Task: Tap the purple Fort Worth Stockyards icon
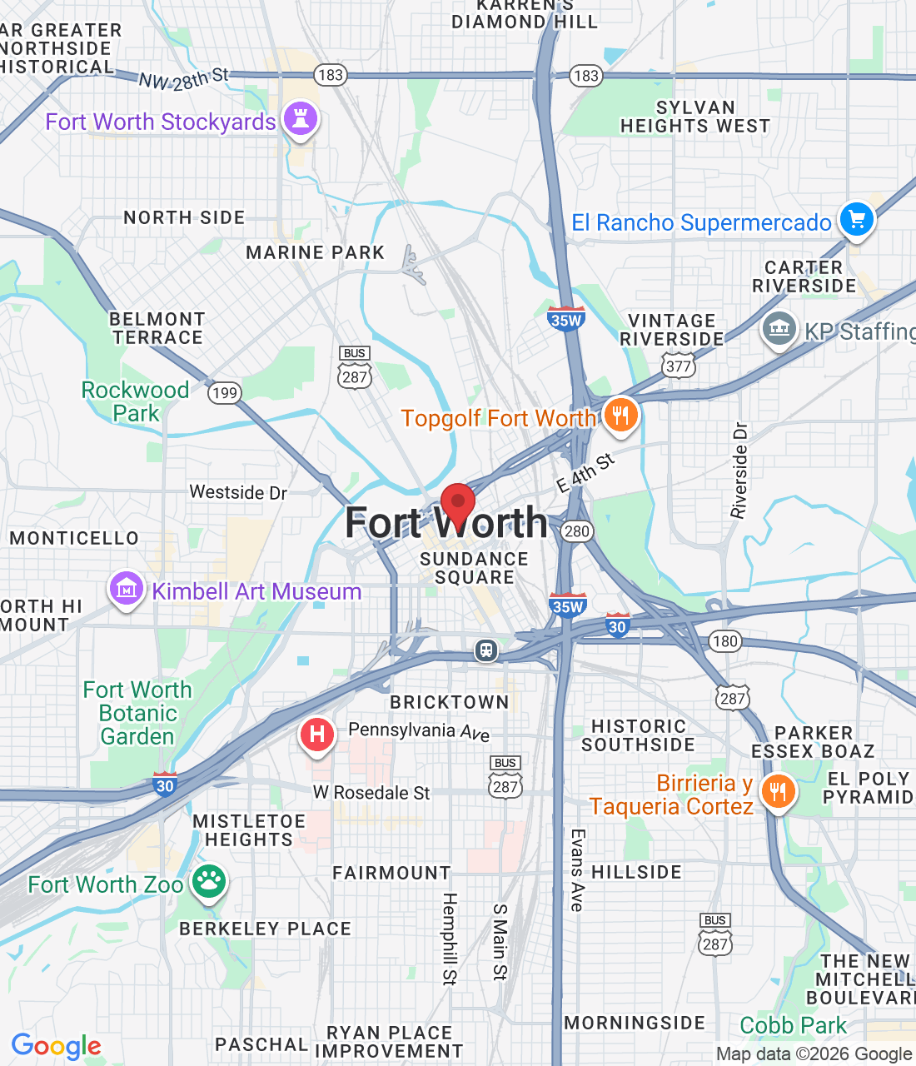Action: click(301, 119)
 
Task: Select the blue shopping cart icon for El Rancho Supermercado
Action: click(857, 220)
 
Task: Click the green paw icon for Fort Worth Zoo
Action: click(208, 881)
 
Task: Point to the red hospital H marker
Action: click(316, 735)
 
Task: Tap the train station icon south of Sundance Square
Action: click(486, 650)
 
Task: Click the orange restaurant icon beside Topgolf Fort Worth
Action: click(620, 414)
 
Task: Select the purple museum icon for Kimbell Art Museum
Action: click(126, 590)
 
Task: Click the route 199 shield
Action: click(224, 392)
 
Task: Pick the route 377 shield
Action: click(679, 366)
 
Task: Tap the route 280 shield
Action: click(576, 531)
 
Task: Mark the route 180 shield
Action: click(724, 640)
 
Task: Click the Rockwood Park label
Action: click(135, 401)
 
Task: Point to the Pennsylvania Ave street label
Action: click(419, 731)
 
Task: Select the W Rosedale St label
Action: click(371, 793)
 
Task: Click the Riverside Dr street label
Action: click(739, 471)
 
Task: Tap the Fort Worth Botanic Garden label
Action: click(137, 713)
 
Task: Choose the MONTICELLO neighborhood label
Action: click(74, 538)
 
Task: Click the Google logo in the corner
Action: click(56, 1046)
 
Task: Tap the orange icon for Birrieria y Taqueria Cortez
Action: click(778, 791)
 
